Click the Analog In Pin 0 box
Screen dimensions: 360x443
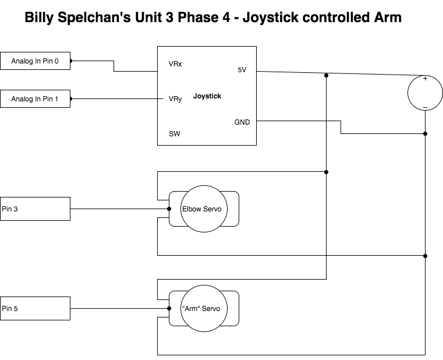(35, 61)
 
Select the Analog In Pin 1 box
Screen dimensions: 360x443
(35, 99)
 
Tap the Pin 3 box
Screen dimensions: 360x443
(35, 209)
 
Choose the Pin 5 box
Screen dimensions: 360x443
(35, 308)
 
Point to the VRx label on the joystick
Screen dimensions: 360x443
(175, 64)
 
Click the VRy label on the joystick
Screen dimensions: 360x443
(175, 99)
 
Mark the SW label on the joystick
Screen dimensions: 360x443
(174, 133)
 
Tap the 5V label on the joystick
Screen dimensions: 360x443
(242, 70)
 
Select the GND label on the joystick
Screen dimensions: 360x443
(242, 122)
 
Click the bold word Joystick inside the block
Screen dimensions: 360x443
(207, 96)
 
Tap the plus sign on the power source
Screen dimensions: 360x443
(425, 79)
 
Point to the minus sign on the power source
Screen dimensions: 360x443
(425, 107)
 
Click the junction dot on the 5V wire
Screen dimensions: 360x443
(327, 76)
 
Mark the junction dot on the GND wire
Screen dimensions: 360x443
(426, 133)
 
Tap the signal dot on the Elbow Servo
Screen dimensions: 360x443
(169, 209)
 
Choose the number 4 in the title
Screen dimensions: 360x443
(225, 17)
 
